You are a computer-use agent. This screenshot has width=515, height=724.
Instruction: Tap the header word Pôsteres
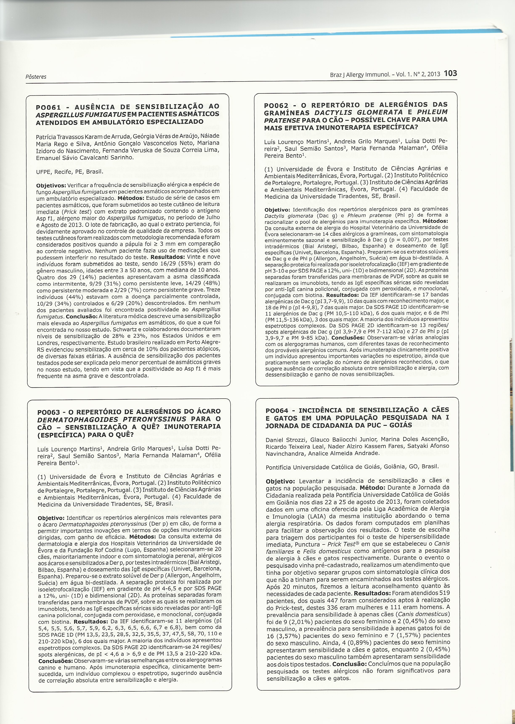tap(36, 77)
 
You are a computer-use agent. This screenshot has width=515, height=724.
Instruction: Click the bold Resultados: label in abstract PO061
tap(167, 257)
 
